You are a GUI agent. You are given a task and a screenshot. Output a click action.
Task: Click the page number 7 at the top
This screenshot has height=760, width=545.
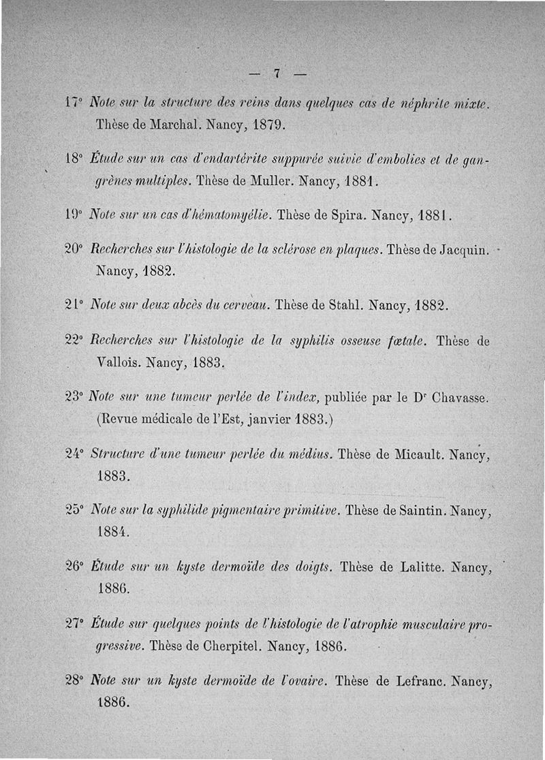tap(277, 74)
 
